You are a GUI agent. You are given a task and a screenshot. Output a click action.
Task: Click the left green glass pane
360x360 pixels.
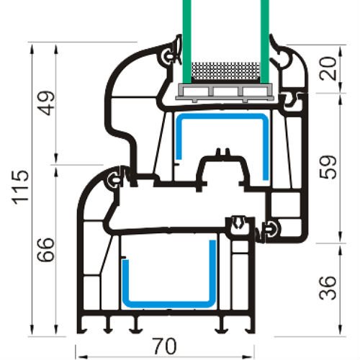(186, 36)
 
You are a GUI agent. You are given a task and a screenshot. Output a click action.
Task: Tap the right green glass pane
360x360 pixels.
(265, 36)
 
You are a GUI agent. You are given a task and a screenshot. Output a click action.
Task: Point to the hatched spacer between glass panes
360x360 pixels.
(225, 71)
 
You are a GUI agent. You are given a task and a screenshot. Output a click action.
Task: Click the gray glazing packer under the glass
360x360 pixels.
(225, 91)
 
